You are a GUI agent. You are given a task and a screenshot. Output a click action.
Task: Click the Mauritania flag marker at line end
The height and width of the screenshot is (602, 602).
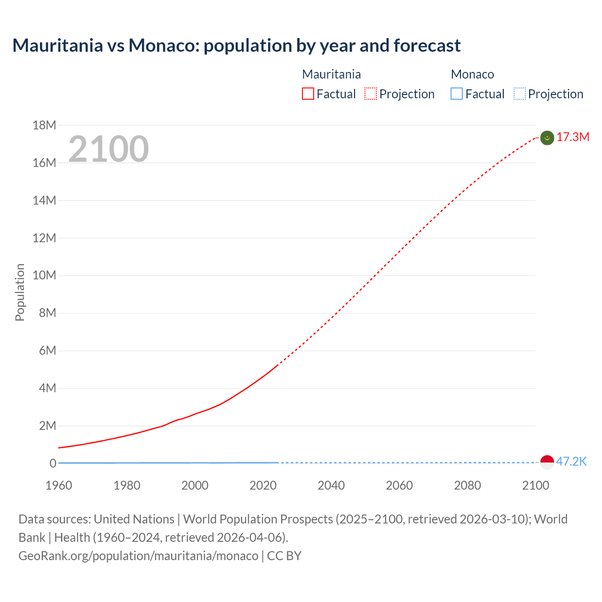click(x=547, y=138)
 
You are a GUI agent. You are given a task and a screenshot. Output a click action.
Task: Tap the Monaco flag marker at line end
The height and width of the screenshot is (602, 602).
click(x=547, y=462)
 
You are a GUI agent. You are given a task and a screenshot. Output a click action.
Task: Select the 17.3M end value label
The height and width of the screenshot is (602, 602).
click(x=573, y=137)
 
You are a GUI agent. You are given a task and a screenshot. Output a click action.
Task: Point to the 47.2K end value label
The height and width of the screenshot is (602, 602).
click(x=571, y=461)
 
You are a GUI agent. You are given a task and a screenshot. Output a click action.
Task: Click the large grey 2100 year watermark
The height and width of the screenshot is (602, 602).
click(x=109, y=149)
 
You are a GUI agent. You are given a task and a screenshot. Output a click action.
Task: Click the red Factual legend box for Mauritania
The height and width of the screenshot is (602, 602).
click(x=308, y=94)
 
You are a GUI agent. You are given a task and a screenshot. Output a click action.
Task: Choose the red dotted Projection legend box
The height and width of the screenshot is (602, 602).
click(x=371, y=94)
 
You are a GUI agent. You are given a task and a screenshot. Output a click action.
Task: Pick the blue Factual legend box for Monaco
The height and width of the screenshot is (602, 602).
click(x=457, y=94)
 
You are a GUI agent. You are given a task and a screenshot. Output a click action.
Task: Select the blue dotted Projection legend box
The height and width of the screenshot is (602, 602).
click(x=520, y=94)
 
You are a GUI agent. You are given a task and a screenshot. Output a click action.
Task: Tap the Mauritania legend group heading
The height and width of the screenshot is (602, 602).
click(x=331, y=74)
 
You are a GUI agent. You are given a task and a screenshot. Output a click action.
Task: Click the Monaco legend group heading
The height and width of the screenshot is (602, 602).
click(x=472, y=74)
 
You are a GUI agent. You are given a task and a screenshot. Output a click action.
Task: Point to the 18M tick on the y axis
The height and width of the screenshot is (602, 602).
click(x=44, y=125)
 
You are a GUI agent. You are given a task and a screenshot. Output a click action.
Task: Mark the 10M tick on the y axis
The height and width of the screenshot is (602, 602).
click(x=44, y=275)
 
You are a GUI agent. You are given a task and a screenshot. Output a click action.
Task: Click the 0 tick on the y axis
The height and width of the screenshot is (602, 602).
click(x=53, y=463)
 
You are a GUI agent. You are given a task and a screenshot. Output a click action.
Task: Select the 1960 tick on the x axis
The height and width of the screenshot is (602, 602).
click(x=59, y=485)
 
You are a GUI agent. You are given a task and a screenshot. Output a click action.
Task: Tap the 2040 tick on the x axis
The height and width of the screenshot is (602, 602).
click(x=331, y=485)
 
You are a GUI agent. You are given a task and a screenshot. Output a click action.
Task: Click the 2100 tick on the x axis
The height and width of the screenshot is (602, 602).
click(x=536, y=485)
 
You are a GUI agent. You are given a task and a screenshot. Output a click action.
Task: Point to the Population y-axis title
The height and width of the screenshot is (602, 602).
click(x=20, y=293)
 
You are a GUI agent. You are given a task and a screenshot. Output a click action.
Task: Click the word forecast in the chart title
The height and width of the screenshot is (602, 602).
click(x=427, y=46)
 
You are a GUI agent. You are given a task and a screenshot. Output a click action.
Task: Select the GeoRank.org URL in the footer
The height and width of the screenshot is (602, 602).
click(x=138, y=556)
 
